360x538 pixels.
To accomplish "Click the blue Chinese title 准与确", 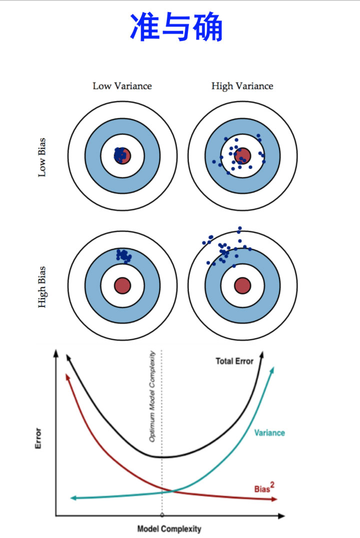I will click(x=176, y=27).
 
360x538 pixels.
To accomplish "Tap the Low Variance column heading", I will click(x=122, y=86).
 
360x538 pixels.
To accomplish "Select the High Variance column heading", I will click(x=242, y=86).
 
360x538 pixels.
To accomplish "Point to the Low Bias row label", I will click(x=42, y=157).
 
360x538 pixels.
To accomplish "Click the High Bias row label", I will click(x=42, y=286).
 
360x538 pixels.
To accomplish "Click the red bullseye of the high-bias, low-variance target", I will click(x=122, y=285).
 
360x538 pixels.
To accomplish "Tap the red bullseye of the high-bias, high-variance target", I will click(x=242, y=285).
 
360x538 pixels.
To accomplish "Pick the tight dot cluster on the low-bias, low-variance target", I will click(x=120, y=154).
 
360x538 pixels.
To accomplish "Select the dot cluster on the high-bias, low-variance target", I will click(x=123, y=255).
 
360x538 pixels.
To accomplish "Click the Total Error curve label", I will click(x=234, y=361).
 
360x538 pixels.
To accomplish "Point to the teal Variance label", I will click(x=269, y=432).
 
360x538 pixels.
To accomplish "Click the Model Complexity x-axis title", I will click(x=169, y=528).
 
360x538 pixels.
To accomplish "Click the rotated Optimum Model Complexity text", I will click(x=152, y=396).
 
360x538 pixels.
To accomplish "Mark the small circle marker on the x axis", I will click(x=161, y=514).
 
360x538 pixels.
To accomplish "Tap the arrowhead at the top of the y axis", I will click(x=55, y=353).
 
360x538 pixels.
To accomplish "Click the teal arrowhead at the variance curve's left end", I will click(x=73, y=497).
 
